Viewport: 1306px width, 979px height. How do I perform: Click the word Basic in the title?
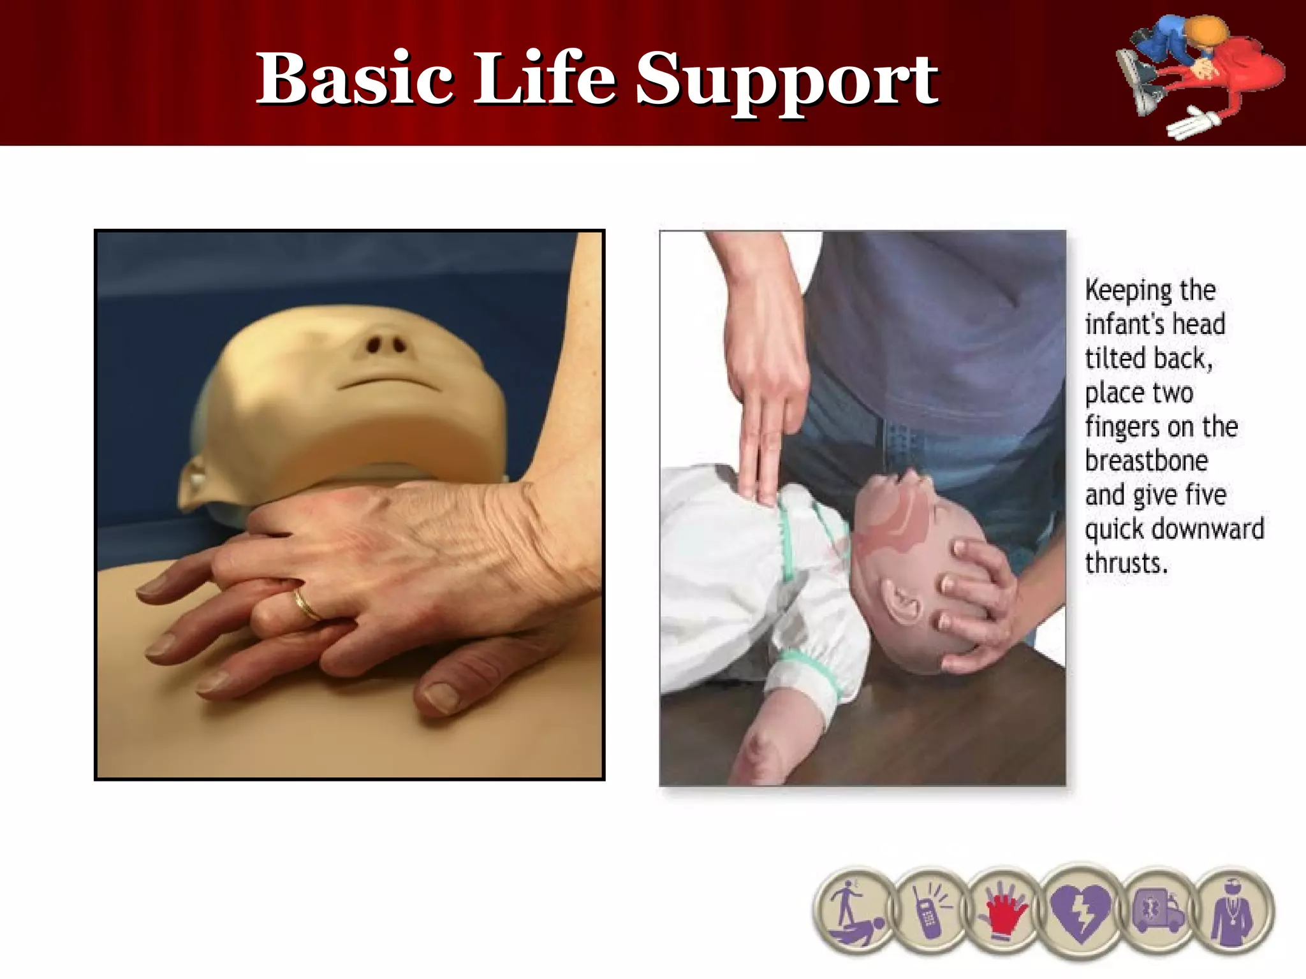tap(355, 79)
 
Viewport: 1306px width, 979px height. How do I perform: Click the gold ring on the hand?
tap(307, 606)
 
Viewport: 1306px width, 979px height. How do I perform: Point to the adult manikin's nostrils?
tap(385, 345)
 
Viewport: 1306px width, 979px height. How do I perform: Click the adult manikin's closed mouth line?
tap(387, 382)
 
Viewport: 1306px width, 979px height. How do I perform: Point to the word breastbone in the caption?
tap(1146, 461)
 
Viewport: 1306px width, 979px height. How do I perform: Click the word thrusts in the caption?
tap(1126, 563)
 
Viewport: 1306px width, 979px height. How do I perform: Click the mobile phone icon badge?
tap(929, 911)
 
